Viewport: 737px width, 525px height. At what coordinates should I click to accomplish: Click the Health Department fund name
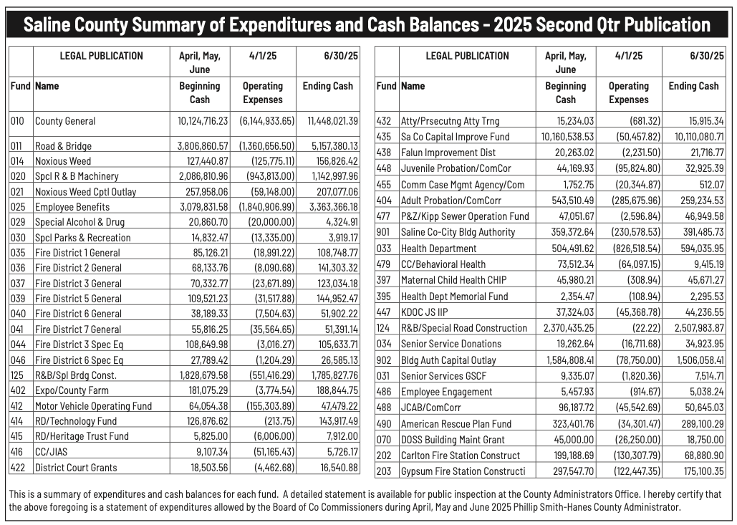coord(438,249)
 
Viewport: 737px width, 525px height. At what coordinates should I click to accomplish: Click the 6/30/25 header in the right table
coord(693,56)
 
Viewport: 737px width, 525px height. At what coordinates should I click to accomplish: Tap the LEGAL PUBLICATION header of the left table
coord(101,56)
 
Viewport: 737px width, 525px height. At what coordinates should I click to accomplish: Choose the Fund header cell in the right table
coord(386,86)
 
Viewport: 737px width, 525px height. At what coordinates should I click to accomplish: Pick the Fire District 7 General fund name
coord(78,329)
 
